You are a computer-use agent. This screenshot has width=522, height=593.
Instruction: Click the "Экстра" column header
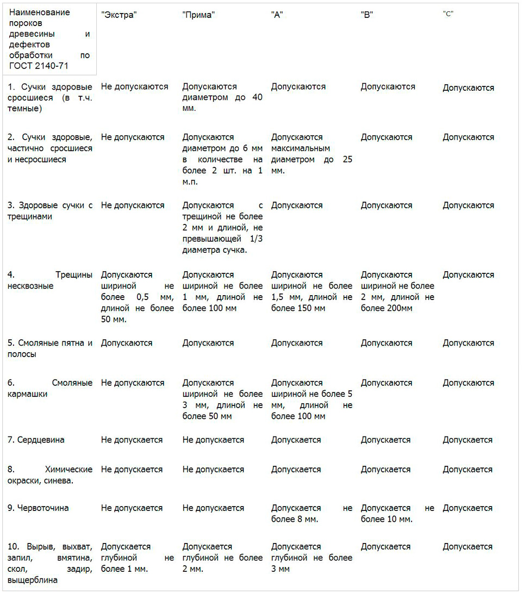[119, 15]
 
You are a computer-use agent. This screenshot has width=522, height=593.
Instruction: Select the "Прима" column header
[198, 15]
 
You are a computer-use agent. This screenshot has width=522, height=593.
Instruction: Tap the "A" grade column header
[277, 15]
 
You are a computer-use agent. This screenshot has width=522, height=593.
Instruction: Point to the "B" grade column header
[366, 15]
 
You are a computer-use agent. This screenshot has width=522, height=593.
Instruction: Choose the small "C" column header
[448, 14]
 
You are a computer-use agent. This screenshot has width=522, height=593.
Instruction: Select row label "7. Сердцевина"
[37, 440]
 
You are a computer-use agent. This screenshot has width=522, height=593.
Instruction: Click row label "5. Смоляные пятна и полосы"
[50, 348]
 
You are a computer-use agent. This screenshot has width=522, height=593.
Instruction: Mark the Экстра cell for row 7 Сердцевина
[132, 440]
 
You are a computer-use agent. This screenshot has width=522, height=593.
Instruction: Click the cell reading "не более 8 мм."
[312, 514]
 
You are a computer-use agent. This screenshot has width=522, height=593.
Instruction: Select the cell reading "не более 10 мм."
[397, 514]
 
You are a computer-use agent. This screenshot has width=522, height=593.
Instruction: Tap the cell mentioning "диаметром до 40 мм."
[222, 97]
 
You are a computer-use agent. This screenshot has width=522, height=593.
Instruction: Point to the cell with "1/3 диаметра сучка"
[222, 228]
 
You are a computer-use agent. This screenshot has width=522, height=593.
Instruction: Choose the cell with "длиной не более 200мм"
[397, 291]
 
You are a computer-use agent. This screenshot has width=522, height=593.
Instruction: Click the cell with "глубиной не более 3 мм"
[312, 558]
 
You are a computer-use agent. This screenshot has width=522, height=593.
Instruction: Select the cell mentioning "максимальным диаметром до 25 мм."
[312, 154]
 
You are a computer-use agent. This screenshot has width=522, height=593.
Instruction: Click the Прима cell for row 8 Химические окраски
[213, 469]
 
